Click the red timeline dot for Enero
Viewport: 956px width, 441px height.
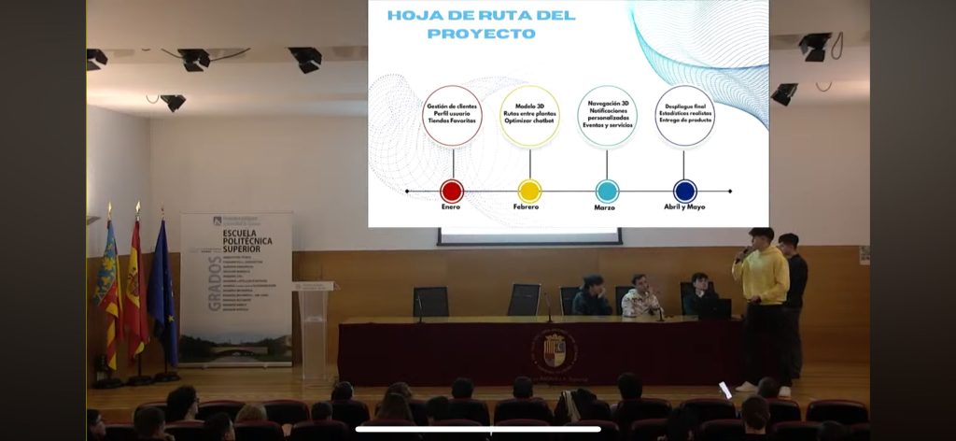pyautogui.click(x=452, y=192)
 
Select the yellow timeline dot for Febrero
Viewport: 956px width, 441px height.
pyautogui.click(x=529, y=192)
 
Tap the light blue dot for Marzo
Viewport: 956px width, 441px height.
pyautogui.click(x=607, y=192)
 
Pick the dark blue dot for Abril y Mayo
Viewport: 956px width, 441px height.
pyautogui.click(x=685, y=192)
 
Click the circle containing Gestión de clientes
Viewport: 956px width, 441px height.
pyautogui.click(x=452, y=115)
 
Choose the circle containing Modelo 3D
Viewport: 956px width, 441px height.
pyautogui.click(x=529, y=115)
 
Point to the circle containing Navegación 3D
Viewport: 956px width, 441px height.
pyautogui.click(x=607, y=115)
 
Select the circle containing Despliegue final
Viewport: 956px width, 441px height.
pyautogui.click(x=685, y=115)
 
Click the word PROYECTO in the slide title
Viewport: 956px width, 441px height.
pyautogui.click(x=481, y=34)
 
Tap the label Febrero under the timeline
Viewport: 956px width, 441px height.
pyautogui.click(x=528, y=207)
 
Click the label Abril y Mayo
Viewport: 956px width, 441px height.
pyautogui.click(x=685, y=207)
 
